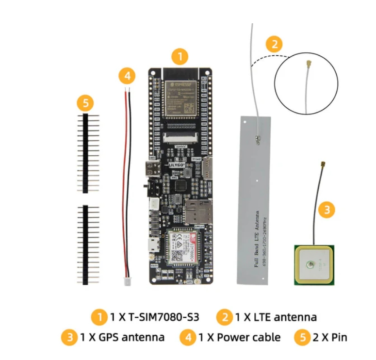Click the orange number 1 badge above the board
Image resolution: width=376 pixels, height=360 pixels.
tap(180, 57)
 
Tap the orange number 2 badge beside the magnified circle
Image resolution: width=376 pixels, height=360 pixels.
tap(274, 45)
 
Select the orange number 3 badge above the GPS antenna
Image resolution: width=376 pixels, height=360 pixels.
tap(327, 210)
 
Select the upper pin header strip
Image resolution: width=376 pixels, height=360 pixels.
tap(85, 153)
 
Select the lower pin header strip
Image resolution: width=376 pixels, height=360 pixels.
tap(85, 245)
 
